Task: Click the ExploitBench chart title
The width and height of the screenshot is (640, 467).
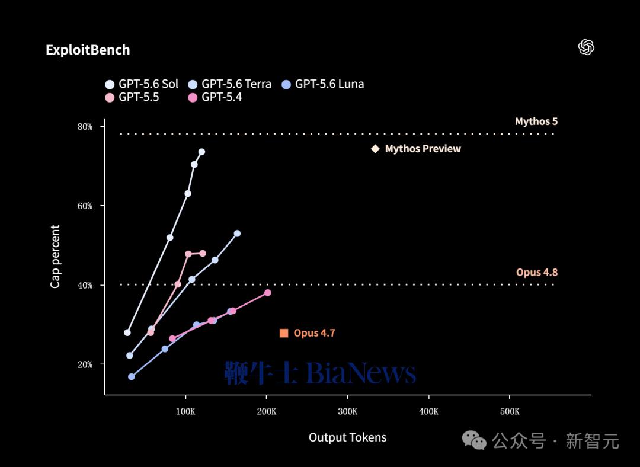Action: pyautogui.click(x=88, y=50)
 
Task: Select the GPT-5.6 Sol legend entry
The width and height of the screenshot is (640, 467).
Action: pyautogui.click(x=142, y=84)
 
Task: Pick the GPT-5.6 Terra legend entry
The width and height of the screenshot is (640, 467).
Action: pyautogui.click(x=229, y=84)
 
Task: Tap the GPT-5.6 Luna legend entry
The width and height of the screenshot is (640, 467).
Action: pyautogui.click(x=323, y=84)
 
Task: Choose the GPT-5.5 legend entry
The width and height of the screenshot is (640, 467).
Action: pyautogui.click(x=132, y=97)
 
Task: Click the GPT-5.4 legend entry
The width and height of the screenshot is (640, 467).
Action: pyautogui.click(x=215, y=97)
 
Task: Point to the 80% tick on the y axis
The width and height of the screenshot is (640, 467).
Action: pyautogui.click(x=85, y=127)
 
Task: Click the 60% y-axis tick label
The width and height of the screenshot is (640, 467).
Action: pyautogui.click(x=85, y=206)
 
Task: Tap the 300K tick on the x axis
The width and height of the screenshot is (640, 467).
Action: pyautogui.click(x=347, y=411)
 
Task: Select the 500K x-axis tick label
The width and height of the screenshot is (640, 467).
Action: pyautogui.click(x=510, y=411)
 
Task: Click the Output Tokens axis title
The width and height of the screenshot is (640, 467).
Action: pyautogui.click(x=347, y=437)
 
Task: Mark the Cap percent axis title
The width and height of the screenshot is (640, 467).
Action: pyautogui.click(x=55, y=257)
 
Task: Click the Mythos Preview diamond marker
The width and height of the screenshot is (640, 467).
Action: pyautogui.click(x=375, y=149)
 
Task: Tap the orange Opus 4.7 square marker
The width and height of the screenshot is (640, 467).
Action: pyautogui.click(x=284, y=333)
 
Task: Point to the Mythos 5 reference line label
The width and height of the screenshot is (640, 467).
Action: pyautogui.click(x=536, y=121)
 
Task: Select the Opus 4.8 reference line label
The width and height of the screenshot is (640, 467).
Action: pyautogui.click(x=537, y=272)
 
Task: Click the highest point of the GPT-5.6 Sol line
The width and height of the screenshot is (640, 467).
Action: pyautogui.click(x=201, y=152)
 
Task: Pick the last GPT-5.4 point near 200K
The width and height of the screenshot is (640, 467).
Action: pyautogui.click(x=268, y=293)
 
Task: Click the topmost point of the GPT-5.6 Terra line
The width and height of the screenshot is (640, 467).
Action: pyautogui.click(x=237, y=233)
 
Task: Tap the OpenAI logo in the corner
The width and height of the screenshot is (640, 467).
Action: pyautogui.click(x=586, y=47)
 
